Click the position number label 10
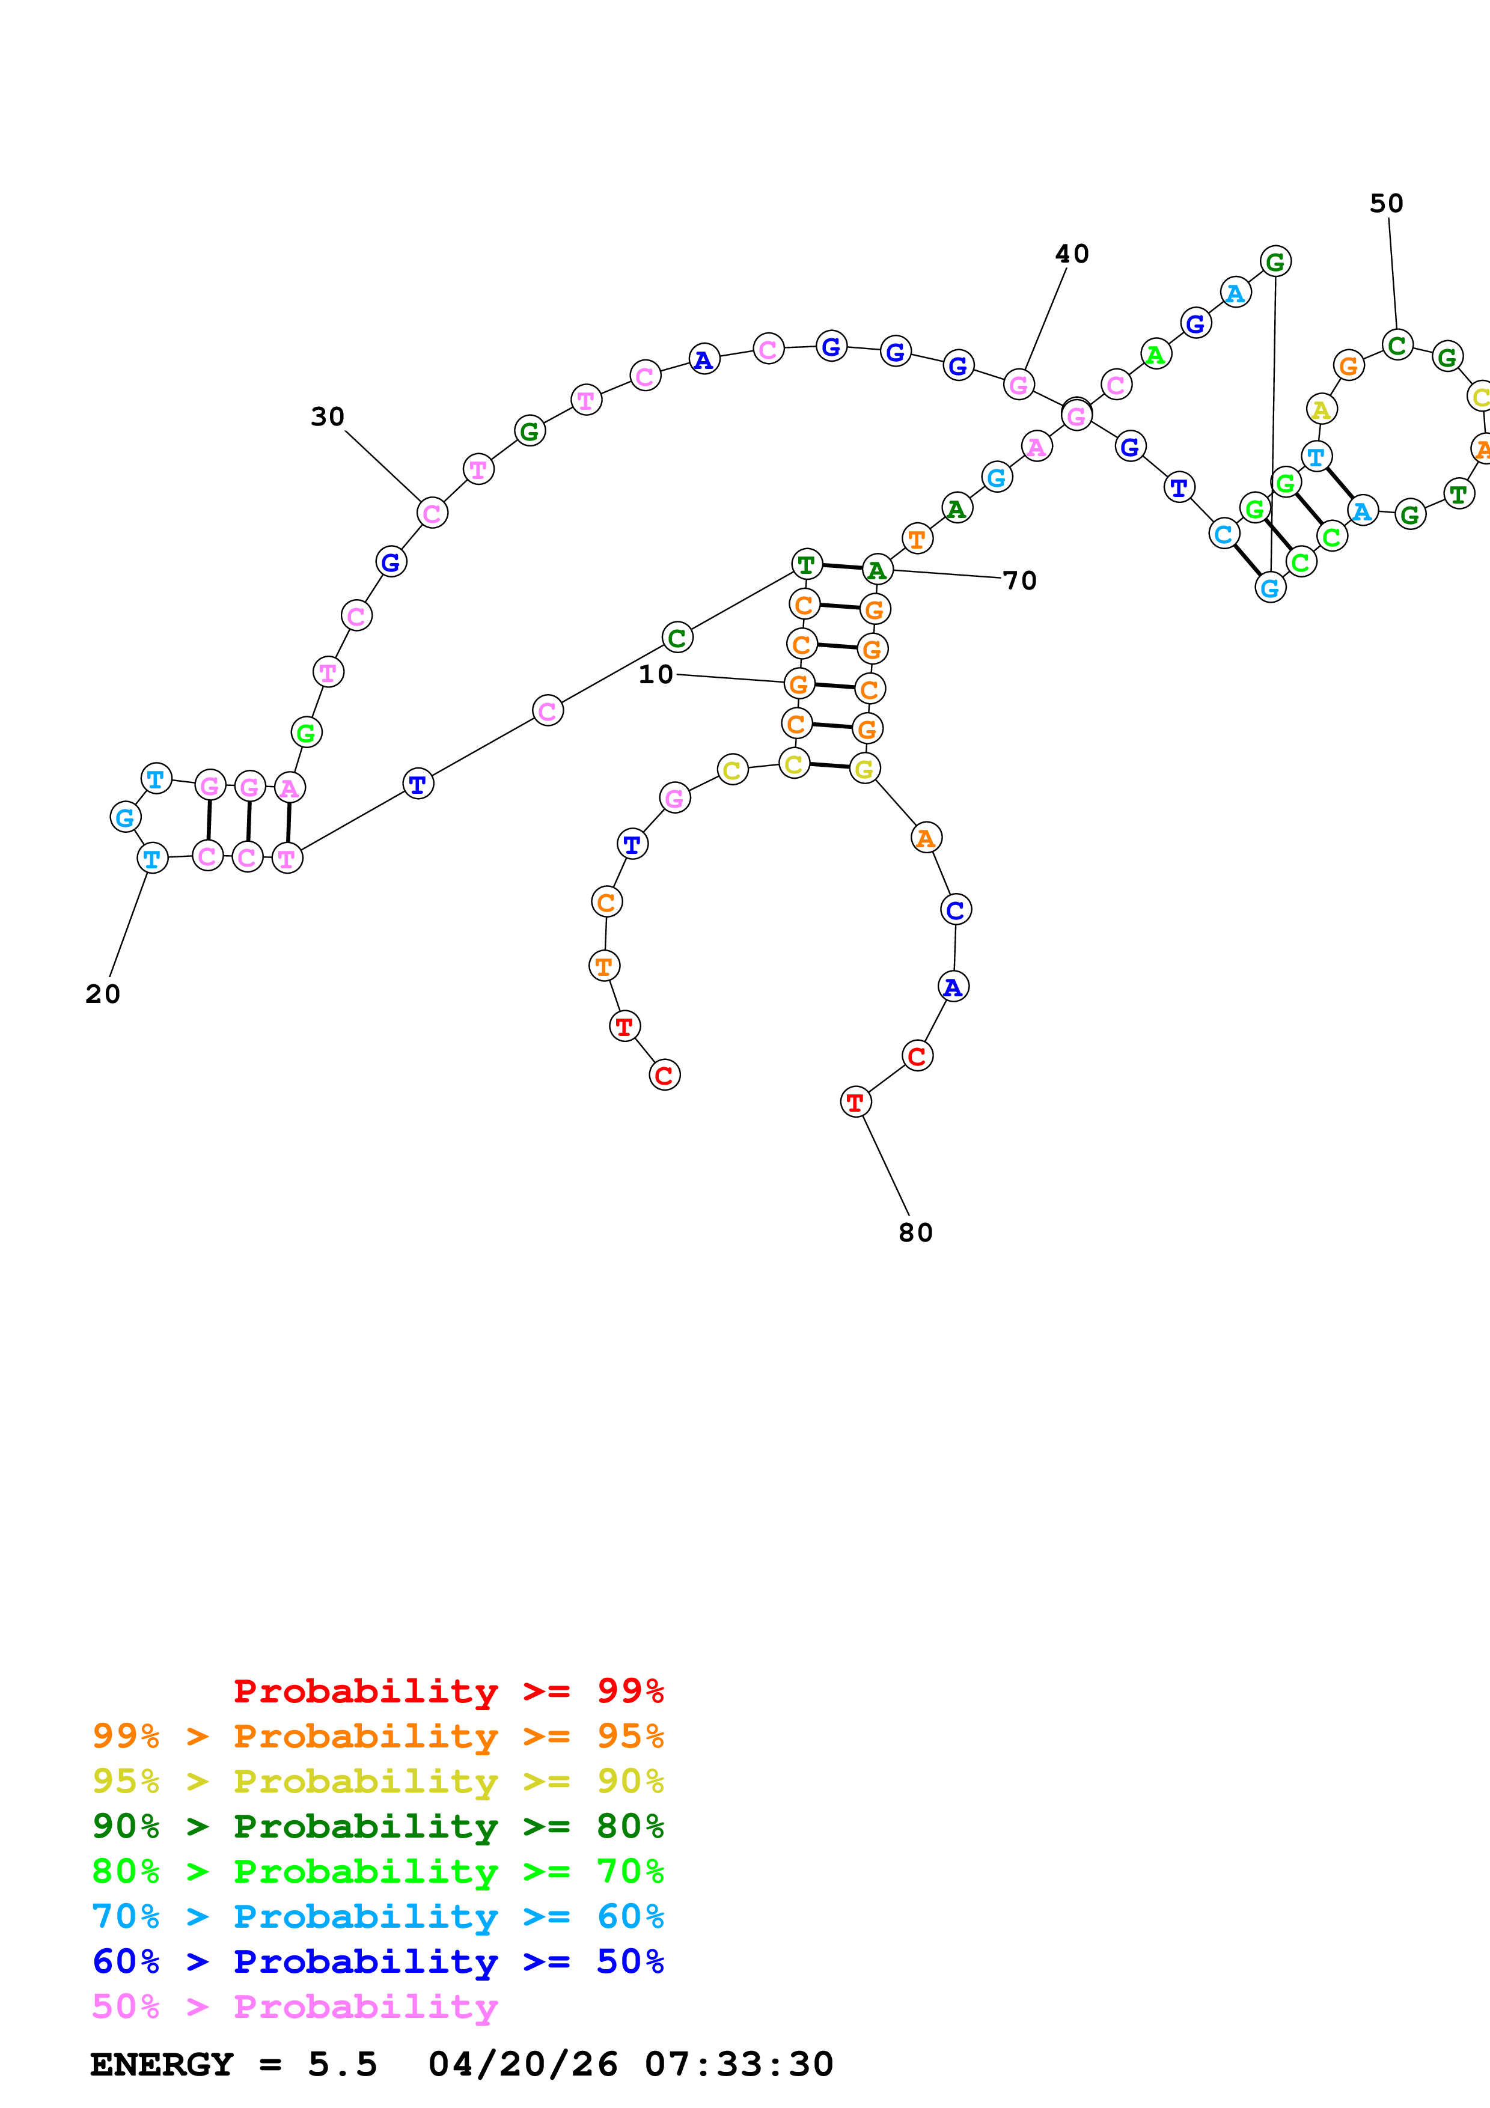pyautogui.click(x=656, y=675)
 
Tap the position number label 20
pyautogui.click(x=103, y=995)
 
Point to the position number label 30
pyautogui.click(x=328, y=417)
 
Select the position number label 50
pyautogui.click(x=1386, y=204)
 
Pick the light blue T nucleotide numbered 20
pyautogui.click(x=153, y=859)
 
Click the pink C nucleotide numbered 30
pyautogui.click(x=432, y=513)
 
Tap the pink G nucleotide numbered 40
pyautogui.click(x=1018, y=385)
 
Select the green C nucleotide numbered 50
pyautogui.click(x=1397, y=346)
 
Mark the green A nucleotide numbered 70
pyautogui.click(x=878, y=570)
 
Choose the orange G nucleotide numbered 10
pyautogui.click(x=799, y=684)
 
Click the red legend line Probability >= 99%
pyautogui.click(x=448, y=1690)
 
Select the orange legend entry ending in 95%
pyautogui.click(x=377, y=1736)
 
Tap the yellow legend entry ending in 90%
pyautogui.click(x=377, y=1781)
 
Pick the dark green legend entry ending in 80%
pyautogui.click(x=377, y=1826)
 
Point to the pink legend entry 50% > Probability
pyautogui.click(x=295, y=2007)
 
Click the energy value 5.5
pyautogui.click(x=343, y=2065)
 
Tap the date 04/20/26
pyautogui.click(x=522, y=2065)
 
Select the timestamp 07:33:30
pyautogui.click(x=739, y=2065)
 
